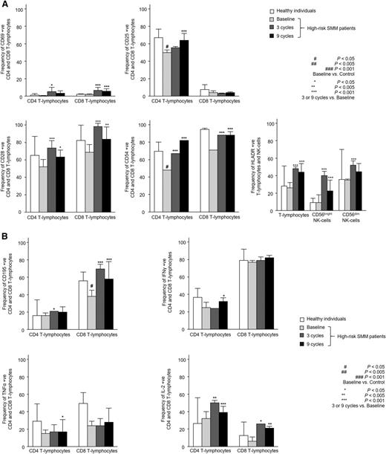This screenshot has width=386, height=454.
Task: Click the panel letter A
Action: pyautogui.click(x=5, y=5)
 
